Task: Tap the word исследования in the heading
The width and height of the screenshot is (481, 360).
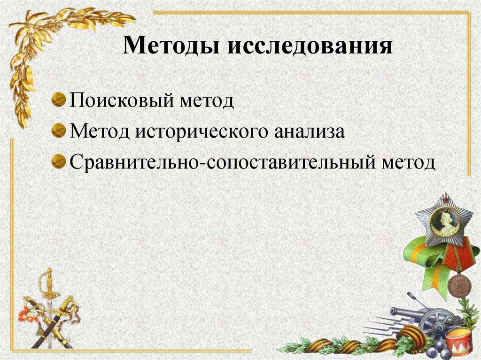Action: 310,48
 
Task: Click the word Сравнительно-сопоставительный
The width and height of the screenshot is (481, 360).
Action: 221,163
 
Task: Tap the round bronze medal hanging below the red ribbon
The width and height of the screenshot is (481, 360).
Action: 458,286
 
